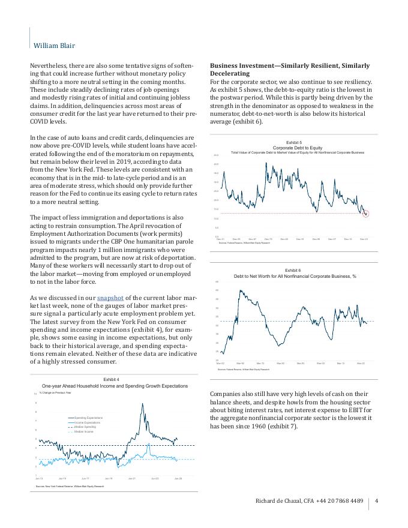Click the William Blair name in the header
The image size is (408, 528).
[54, 45]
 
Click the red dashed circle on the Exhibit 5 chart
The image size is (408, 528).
[365, 213]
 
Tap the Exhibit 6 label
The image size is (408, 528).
[293, 271]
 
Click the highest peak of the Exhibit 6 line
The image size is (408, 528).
[241, 290]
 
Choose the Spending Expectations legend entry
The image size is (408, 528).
[88, 418]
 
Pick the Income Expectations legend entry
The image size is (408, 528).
[87, 422]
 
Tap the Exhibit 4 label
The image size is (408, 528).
[111, 380]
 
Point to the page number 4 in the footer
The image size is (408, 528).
[376, 502]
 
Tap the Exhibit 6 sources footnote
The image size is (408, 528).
[244, 370]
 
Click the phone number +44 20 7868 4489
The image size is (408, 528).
[341, 502]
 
